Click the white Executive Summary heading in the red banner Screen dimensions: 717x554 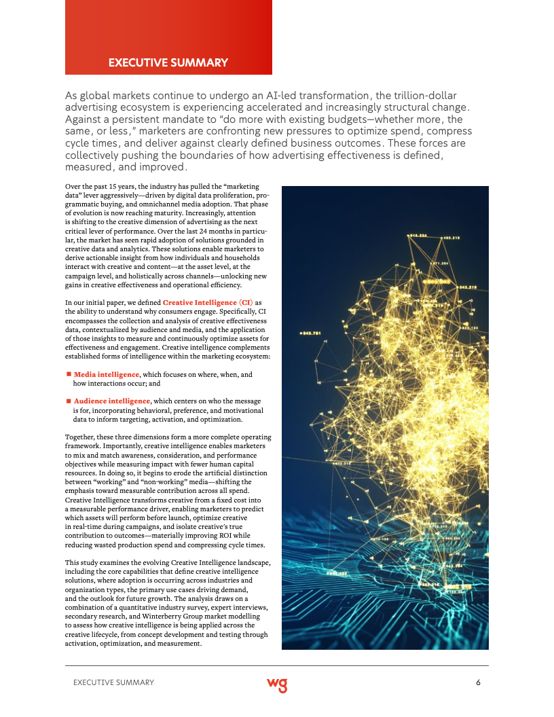coord(168,63)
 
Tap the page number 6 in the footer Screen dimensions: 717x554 coord(479,682)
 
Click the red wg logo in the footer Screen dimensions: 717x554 coord(277,684)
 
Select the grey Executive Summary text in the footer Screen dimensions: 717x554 coord(113,682)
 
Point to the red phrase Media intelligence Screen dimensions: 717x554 coord(107,374)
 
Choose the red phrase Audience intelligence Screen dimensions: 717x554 coord(112,401)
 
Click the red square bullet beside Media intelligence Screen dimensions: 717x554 coord(69,374)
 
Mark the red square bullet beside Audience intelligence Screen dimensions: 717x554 coord(69,401)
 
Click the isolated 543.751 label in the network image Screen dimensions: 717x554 coord(312,333)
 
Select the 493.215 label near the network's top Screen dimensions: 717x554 coord(452,238)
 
